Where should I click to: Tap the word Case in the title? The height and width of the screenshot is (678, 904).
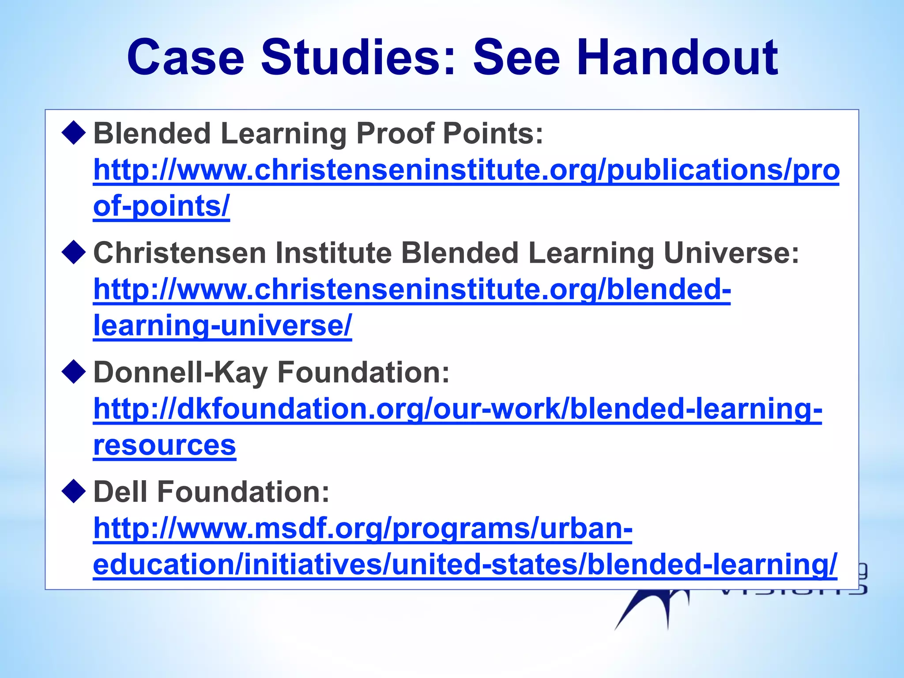[x=185, y=57]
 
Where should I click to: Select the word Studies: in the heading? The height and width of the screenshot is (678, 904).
[x=358, y=57]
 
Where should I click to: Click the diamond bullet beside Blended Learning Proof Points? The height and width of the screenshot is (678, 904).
[x=74, y=133]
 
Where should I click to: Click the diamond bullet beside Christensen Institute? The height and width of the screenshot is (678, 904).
[x=74, y=253]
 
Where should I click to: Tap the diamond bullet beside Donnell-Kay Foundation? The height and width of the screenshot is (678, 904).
[x=74, y=372]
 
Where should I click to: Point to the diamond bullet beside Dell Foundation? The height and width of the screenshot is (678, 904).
[x=74, y=492]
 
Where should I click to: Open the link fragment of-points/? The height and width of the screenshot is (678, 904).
[x=161, y=206]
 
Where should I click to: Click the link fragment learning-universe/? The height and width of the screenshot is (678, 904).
[x=222, y=326]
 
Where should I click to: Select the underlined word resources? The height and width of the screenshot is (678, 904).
[x=164, y=445]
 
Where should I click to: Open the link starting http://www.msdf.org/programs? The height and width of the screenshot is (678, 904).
[x=362, y=528]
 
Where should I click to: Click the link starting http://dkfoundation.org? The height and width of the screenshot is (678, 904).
[x=457, y=409]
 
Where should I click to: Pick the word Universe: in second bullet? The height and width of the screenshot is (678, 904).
[x=731, y=253]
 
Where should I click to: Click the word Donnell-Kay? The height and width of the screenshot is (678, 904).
[x=180, y=372]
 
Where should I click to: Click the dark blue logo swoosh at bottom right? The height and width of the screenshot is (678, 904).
[x=649, y=609]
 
